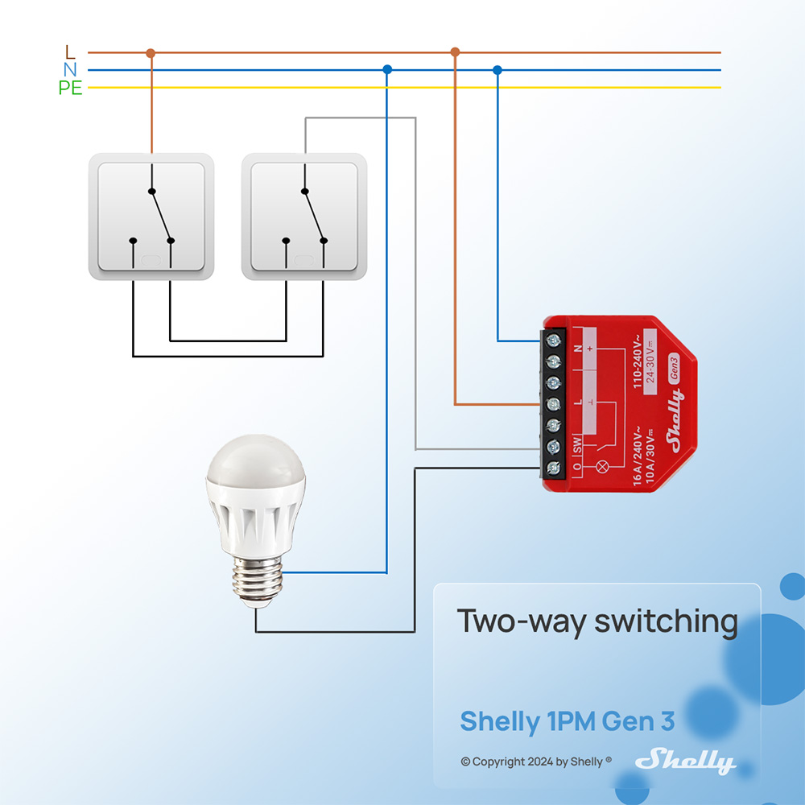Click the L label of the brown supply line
(70, 52)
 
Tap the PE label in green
(70, 89)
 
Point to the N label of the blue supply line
(70, 70)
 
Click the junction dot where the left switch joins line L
(151, 53)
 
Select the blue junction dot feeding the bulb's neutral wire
(387, 70)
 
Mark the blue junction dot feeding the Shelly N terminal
(497, 70)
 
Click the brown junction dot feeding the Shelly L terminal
(455, 52)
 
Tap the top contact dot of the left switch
(151, 191)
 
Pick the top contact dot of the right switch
(304, 191)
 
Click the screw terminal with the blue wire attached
(554, 341)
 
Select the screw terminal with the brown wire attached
(554, 403)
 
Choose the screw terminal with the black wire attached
(554, 467)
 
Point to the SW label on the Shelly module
(577, 444)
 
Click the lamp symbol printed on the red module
(597, 466)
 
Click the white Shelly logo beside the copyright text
(685, 761)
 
